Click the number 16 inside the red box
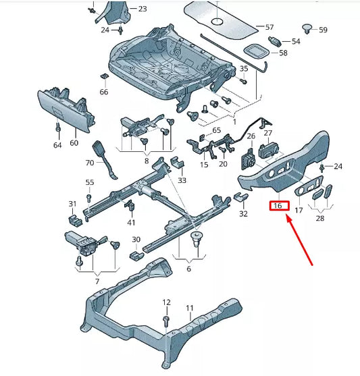tap(277, 206)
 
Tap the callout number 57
tap(269, 28)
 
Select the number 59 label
tap(323, 30)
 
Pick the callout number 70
tap(90, 163)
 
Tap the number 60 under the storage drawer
tap(74, 143)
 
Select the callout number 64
tap(57, 144)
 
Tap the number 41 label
tap(131, 222)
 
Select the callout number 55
tap(90, 183)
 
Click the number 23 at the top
tap(141, 9)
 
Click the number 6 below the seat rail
tap(188, 269)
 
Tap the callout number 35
tap(244, 69)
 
